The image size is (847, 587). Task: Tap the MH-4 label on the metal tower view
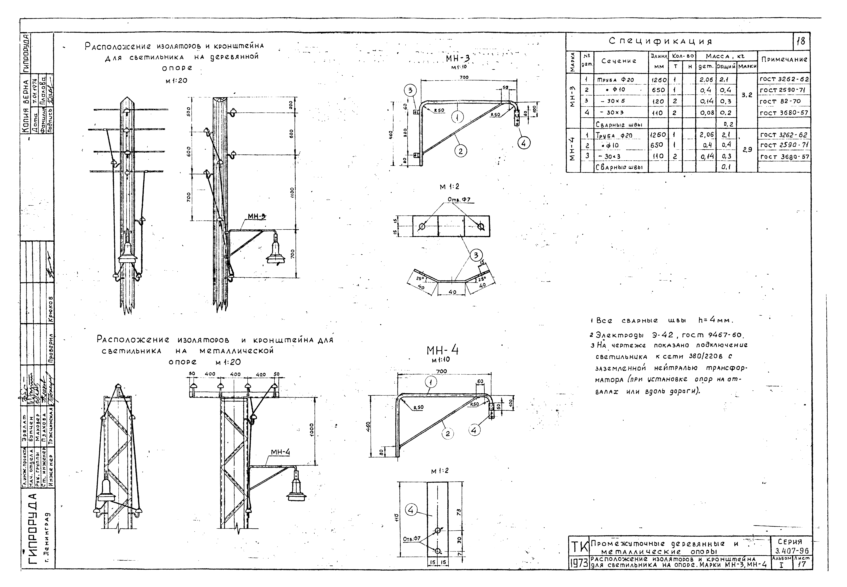coord(280,452)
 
